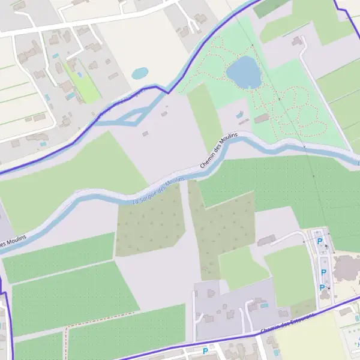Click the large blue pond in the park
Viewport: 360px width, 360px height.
244,72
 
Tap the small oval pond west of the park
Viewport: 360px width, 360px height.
140,73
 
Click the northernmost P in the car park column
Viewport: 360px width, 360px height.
320,241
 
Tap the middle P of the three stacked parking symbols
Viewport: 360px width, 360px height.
324,272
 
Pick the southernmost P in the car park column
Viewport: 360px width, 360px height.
322,287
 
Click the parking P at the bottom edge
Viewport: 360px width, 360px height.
205,351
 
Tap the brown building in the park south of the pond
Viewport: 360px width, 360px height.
262,119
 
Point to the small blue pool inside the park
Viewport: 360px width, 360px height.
240,113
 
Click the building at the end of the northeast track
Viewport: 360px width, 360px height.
296,41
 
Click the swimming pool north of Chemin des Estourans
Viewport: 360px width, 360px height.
264,305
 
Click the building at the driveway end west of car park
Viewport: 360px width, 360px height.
266,241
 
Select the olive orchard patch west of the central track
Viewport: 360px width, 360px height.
150,222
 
